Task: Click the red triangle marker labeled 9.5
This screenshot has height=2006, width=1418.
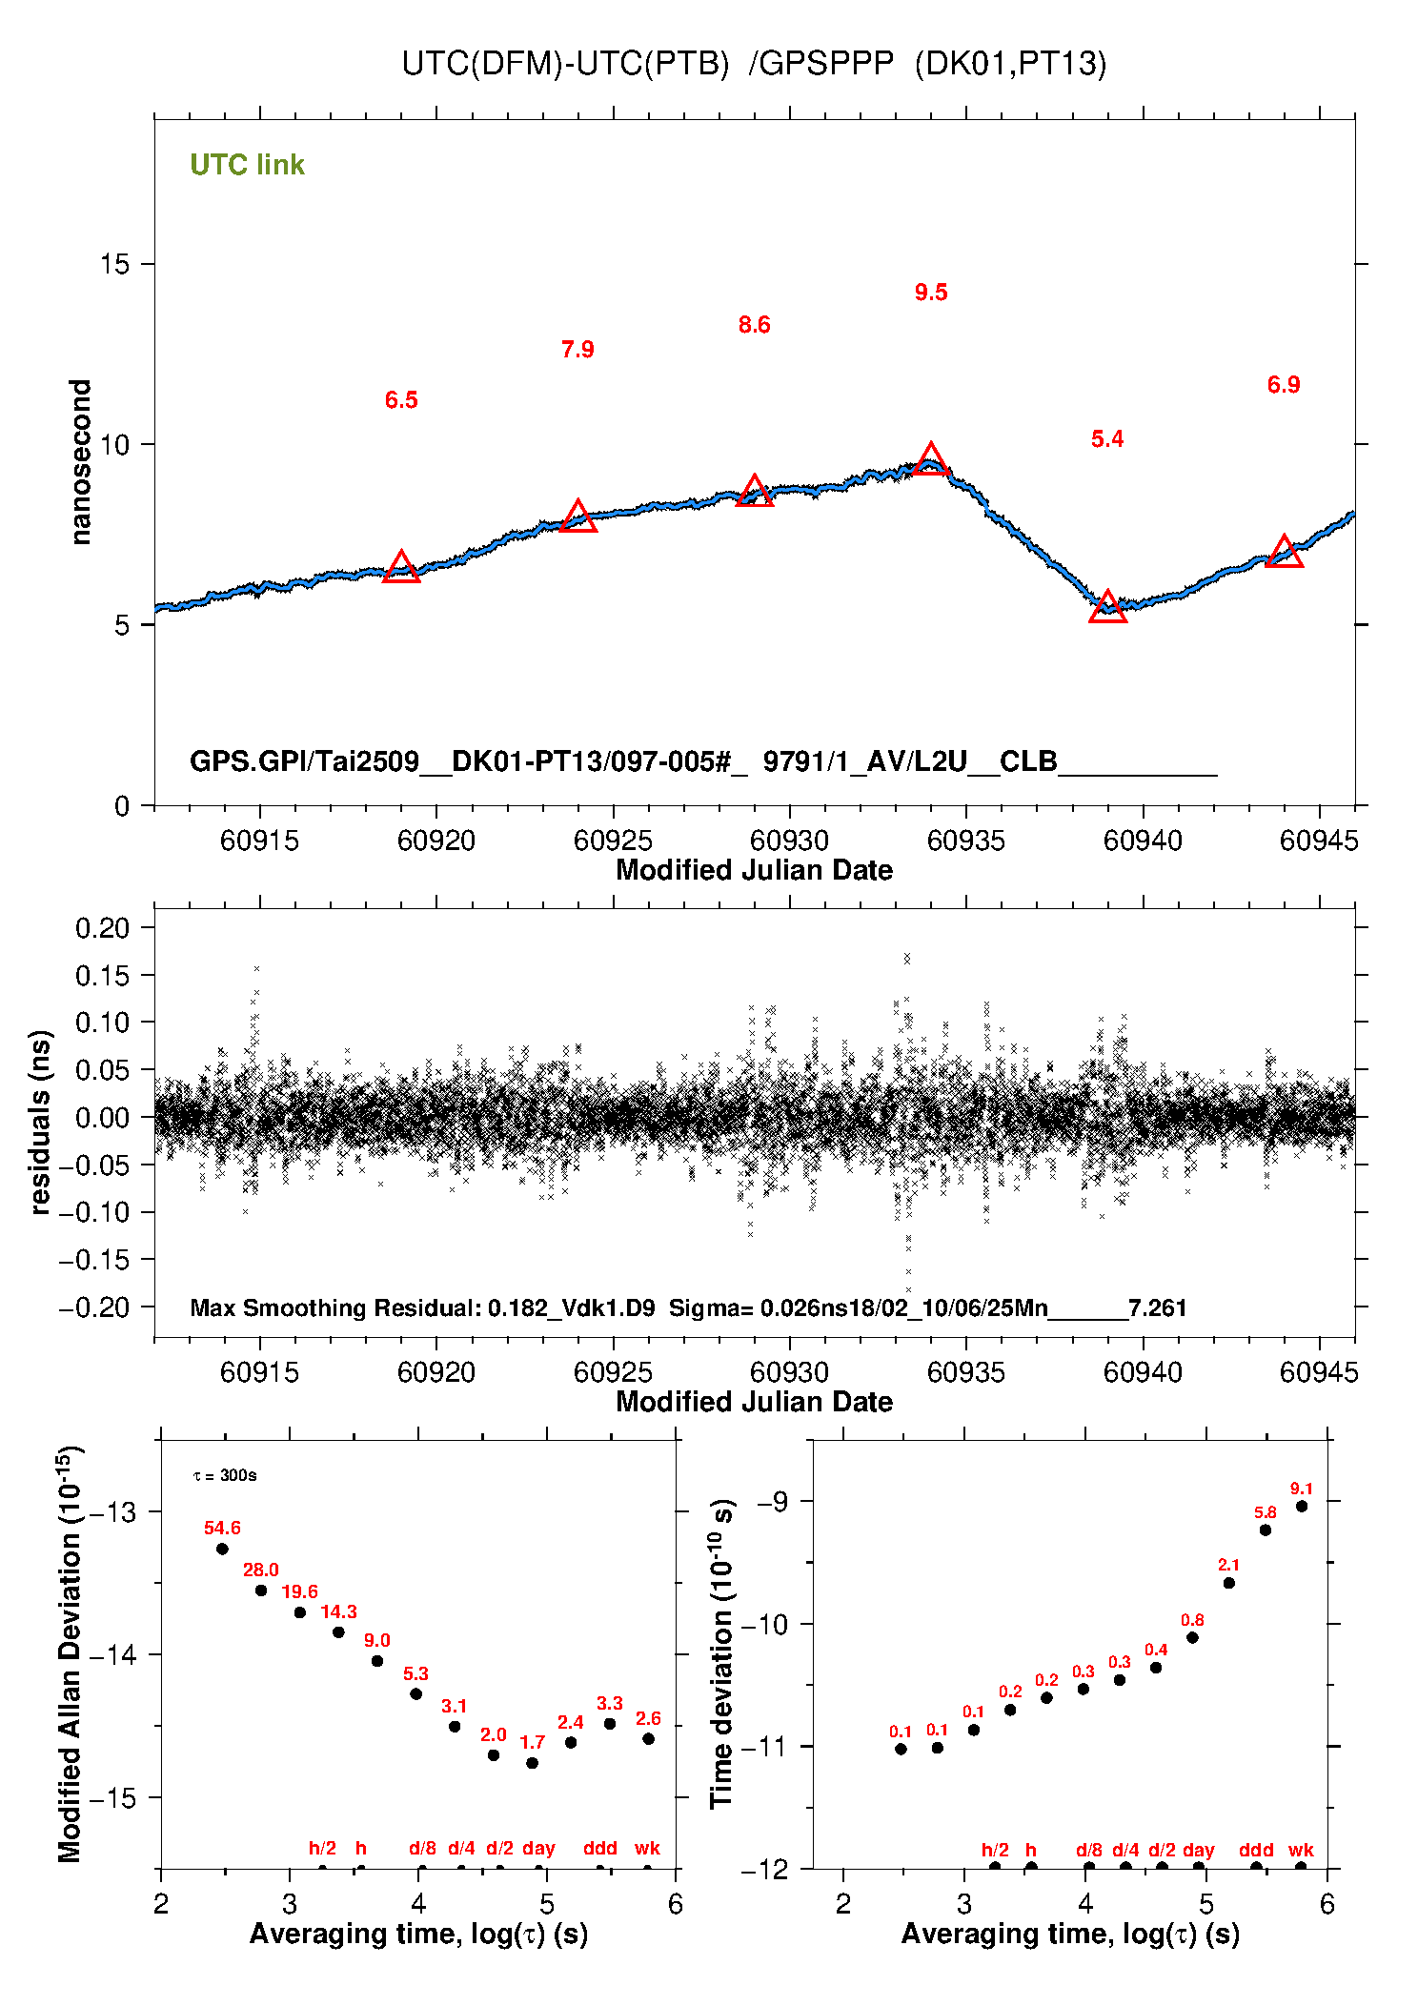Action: (931, 460)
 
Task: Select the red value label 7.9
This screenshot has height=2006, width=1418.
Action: (577, 350)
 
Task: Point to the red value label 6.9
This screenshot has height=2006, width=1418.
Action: (1284, 385)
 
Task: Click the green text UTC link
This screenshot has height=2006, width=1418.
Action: (247, 165)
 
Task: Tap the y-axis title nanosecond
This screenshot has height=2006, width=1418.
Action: (81, 462)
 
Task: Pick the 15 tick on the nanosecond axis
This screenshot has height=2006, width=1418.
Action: (115, 264)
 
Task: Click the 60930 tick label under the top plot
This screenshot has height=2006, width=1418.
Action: (789, 841)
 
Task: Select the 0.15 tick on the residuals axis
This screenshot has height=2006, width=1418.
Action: (103, 975)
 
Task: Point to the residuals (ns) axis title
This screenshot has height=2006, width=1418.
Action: (39, 1122)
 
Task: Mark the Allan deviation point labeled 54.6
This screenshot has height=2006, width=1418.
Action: (222, 1549)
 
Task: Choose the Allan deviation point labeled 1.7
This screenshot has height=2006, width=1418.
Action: (532, 1762)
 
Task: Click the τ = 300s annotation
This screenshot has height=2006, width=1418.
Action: (225, 1475)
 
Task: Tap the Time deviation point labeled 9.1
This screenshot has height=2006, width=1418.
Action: (1301, 1506)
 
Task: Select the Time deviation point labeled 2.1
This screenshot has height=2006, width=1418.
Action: (1228, 1583)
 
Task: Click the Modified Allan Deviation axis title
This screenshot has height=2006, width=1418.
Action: (69, 1654)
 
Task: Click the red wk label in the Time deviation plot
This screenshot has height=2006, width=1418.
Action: (1301, 1850)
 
